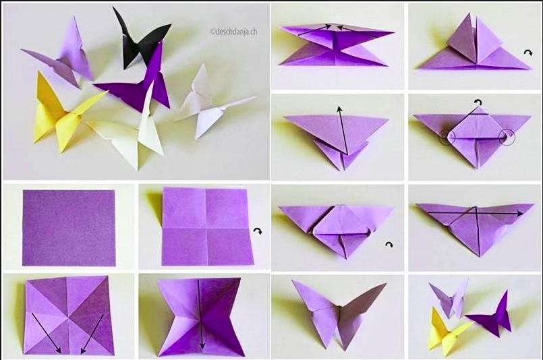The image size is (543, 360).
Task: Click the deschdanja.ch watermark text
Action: pos(234,32)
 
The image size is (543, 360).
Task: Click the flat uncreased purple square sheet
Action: pos(69,228)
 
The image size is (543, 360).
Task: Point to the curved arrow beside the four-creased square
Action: pos(257,231)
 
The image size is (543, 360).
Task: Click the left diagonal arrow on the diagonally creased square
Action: pos(46,332)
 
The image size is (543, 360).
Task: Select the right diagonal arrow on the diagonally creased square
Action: pos(92,333)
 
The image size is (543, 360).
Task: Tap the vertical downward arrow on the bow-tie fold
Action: pos(200,314)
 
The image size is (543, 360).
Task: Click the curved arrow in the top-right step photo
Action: pos(528,53)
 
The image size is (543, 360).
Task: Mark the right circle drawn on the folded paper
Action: pos(507,137)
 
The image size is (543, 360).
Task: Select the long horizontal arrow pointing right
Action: pos(475,214)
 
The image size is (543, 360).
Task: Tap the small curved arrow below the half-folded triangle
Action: pos(389,245)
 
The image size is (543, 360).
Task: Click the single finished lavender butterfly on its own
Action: pos(339,313)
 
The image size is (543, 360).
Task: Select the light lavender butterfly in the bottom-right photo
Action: pos(449,298)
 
